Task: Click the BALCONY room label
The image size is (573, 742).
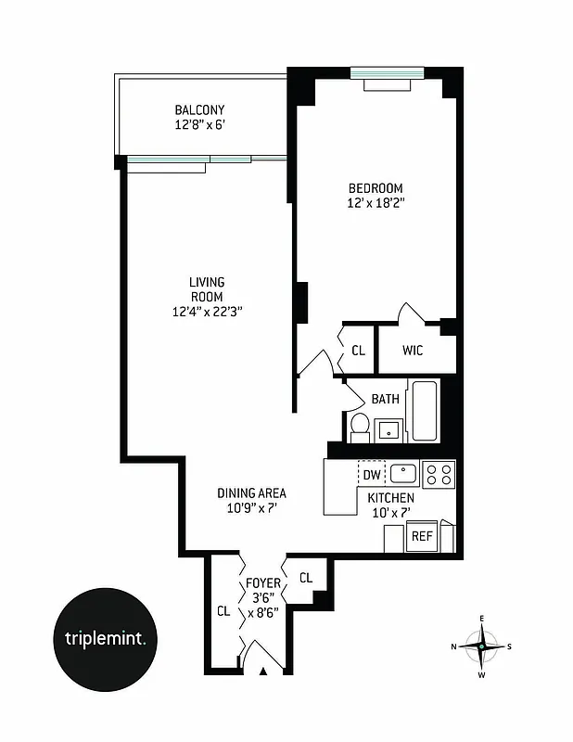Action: click(199, 109)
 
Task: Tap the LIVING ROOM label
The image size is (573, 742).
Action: click(207, 288)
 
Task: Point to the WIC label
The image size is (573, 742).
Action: click(414, 351)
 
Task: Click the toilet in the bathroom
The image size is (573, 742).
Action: click(360, 428)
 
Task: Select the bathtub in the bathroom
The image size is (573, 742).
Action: click(424, 411)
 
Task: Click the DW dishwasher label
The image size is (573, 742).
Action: click(372, 475)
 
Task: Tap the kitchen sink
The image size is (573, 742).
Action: click(403, 474)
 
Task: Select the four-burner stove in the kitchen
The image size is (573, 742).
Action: click(438, 475)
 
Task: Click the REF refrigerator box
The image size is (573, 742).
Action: click(422, 536)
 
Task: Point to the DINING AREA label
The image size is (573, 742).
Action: click(251, 493)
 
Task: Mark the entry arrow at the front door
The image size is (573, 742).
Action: click(263, 671)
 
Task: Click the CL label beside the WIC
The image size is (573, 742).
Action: click(358, 351)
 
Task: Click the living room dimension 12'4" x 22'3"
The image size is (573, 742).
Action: click(207, 313)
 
